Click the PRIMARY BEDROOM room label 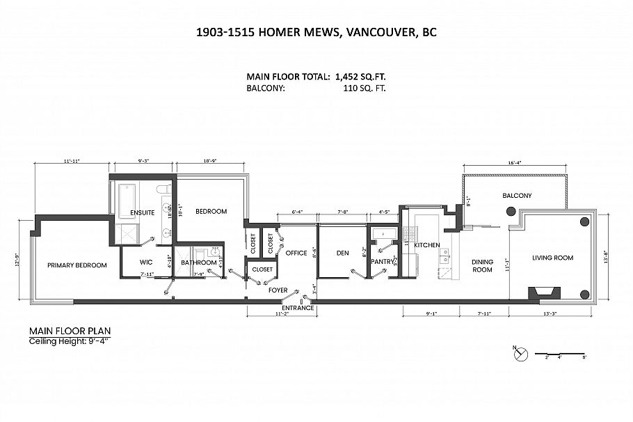click(x=77, y=265)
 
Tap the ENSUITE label click(x=141, y=212)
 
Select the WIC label click(x=146, y=263)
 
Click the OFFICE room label click(x=296, y=253)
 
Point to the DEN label click(x=342, y=253)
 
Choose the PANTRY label click(x=382, y=262)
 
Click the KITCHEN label click(x=427, y=245)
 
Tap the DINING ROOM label click(x=482, y=265)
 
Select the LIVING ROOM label click(x=552, y=258)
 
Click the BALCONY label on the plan click(x=517, y=196)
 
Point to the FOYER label click(x=278, y=290)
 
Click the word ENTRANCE click(x=298, y=307)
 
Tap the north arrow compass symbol click(x=518, y=354)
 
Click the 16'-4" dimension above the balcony click(x=515, y=162)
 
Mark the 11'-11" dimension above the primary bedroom click(x=72, y=161)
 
